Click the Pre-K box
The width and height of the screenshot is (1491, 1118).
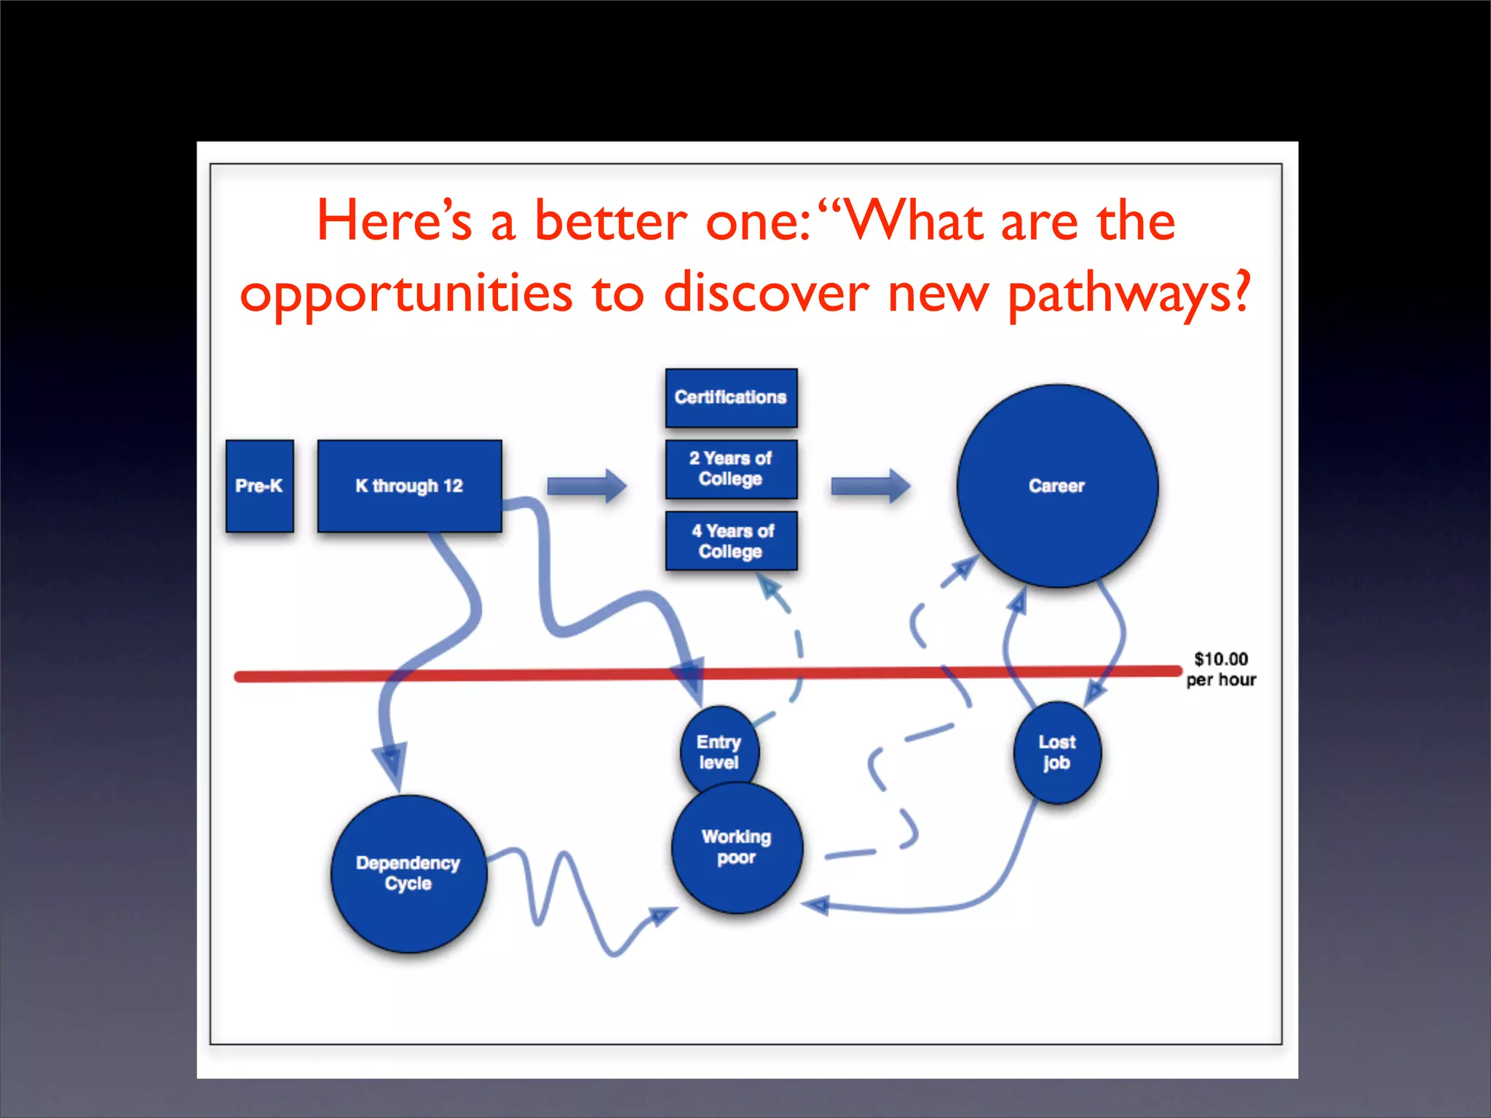[259, 485]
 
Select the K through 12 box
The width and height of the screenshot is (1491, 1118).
[409, 485]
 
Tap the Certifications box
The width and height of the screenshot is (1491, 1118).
[731, 397]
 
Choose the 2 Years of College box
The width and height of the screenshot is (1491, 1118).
[731, 469]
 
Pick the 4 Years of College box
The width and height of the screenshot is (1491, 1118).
[731, 541]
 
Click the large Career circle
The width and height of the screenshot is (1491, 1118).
[1056, 485]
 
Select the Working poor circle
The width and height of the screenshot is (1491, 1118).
[736, 848]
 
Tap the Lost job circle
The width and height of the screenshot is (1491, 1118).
[1056, 753]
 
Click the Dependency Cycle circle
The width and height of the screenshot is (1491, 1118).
[408, 873]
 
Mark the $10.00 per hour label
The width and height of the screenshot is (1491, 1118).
[1221, 669]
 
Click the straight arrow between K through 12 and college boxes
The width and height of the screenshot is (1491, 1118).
[586, 485]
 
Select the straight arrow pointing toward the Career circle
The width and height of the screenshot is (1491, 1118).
[870, 485]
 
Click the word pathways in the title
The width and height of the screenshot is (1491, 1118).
[1129, 294]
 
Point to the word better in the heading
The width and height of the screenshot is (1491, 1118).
[610, 221]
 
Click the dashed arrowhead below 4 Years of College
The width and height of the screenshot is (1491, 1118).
[770, 587]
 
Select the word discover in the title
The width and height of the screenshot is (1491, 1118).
[766, 293]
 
